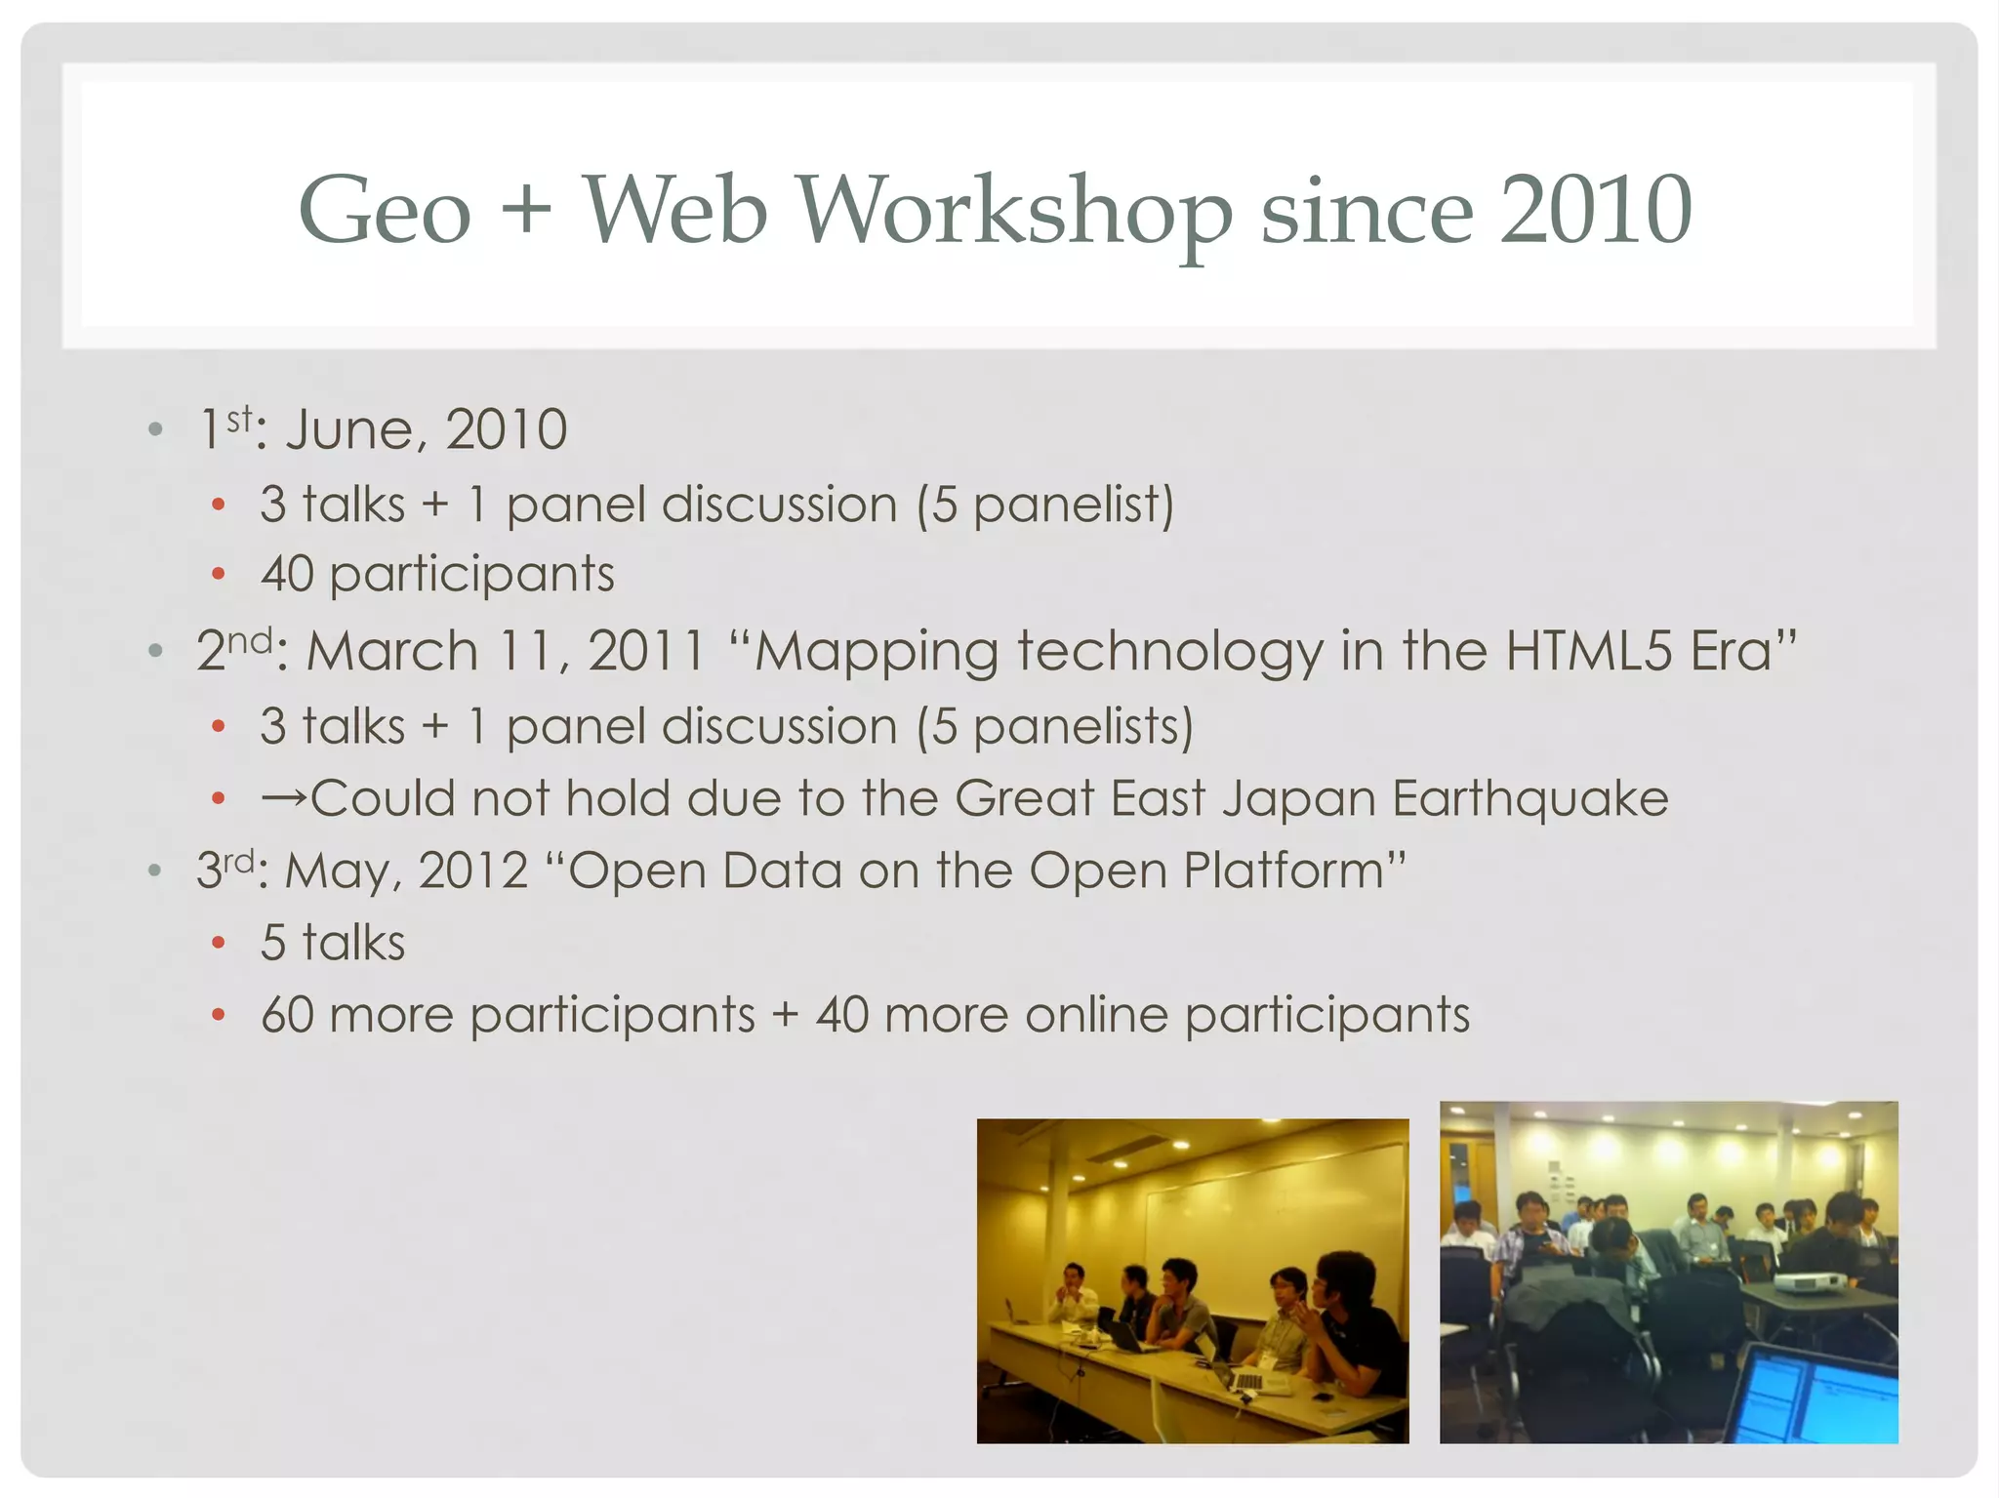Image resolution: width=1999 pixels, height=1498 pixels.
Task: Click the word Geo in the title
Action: coord(385,211)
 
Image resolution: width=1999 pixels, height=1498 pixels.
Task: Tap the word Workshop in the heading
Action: coord(1015,211)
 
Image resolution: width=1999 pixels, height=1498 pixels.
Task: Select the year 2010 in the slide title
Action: coord(1595,211)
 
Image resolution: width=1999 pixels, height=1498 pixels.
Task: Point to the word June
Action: coord(349,430)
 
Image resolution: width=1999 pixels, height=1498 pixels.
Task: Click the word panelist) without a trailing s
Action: coord(1074,506)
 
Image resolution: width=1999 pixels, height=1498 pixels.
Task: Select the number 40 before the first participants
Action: coord(287,574)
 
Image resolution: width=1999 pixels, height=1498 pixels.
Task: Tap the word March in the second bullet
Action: coord(392,651)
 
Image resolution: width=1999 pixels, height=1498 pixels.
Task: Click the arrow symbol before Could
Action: coord(284,799)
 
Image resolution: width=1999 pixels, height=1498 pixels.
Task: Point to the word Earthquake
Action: coord(1530,799)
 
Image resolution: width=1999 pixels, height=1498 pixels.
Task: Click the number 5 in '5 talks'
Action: coord(273,944)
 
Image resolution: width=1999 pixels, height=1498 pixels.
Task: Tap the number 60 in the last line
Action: coord(287,1015)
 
